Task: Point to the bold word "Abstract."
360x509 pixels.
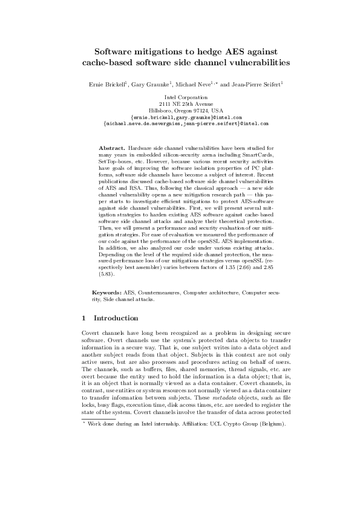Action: pos(113,148)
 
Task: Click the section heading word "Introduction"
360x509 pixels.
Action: pos(116,318)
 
